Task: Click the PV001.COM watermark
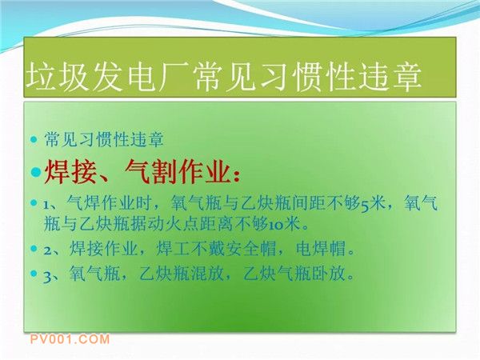[x=70, y=339]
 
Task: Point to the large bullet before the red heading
[x=36, y=172]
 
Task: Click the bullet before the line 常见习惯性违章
[x=34, y=140]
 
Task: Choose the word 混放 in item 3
[x=207, y=274]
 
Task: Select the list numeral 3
[x=47, y=275]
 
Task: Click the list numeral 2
[x=47, y=251]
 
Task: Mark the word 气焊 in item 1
[x=83, y=202]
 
